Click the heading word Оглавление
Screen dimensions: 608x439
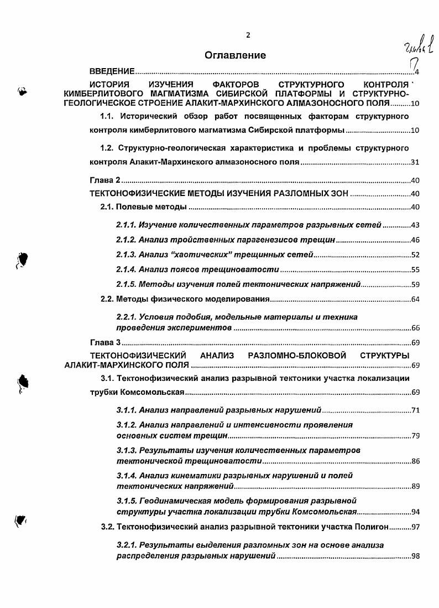coord(235,55)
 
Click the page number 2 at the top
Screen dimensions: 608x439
coord(248,35)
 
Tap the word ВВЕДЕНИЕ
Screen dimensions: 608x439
coord(112,73)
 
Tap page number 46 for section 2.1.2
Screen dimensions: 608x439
coord(416,240)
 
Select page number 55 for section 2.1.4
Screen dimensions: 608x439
coord(416,270)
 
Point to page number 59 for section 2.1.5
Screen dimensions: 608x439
coord(416,285)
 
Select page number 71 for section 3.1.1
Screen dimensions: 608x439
coord(416,411)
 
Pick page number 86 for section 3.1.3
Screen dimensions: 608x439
coord(416,461)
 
